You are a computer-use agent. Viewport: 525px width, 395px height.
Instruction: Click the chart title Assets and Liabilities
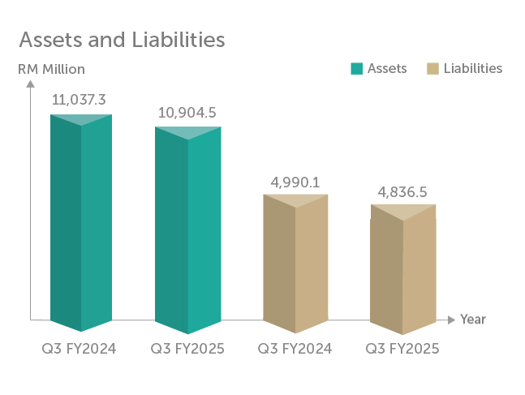tap(122, 39)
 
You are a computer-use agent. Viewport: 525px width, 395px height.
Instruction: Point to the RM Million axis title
tap(51, 69)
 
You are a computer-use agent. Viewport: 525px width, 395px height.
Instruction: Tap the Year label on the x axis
tap(473, 319)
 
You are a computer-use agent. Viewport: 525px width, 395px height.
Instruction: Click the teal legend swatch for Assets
tap(356, 69)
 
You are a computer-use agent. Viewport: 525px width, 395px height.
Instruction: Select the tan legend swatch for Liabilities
tap(432, 69)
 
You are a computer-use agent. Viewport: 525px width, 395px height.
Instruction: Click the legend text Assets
tap(387, 69)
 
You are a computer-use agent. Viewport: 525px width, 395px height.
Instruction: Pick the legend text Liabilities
tap(473, 69)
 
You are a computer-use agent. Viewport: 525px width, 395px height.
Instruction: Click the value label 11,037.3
tap(80, 100)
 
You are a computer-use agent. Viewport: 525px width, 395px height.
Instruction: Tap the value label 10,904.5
tap(187, 113)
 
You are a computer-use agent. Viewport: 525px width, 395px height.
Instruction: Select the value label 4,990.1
tap(294, 182)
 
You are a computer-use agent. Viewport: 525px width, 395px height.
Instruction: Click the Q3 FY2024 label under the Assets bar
tap(80, 350)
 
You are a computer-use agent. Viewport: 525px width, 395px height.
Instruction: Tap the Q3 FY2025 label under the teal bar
tap(187, 350)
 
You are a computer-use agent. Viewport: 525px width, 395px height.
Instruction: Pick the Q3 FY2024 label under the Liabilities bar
tap(295, 350)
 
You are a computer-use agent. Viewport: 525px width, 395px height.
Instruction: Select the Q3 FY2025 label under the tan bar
tap(402, 350)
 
